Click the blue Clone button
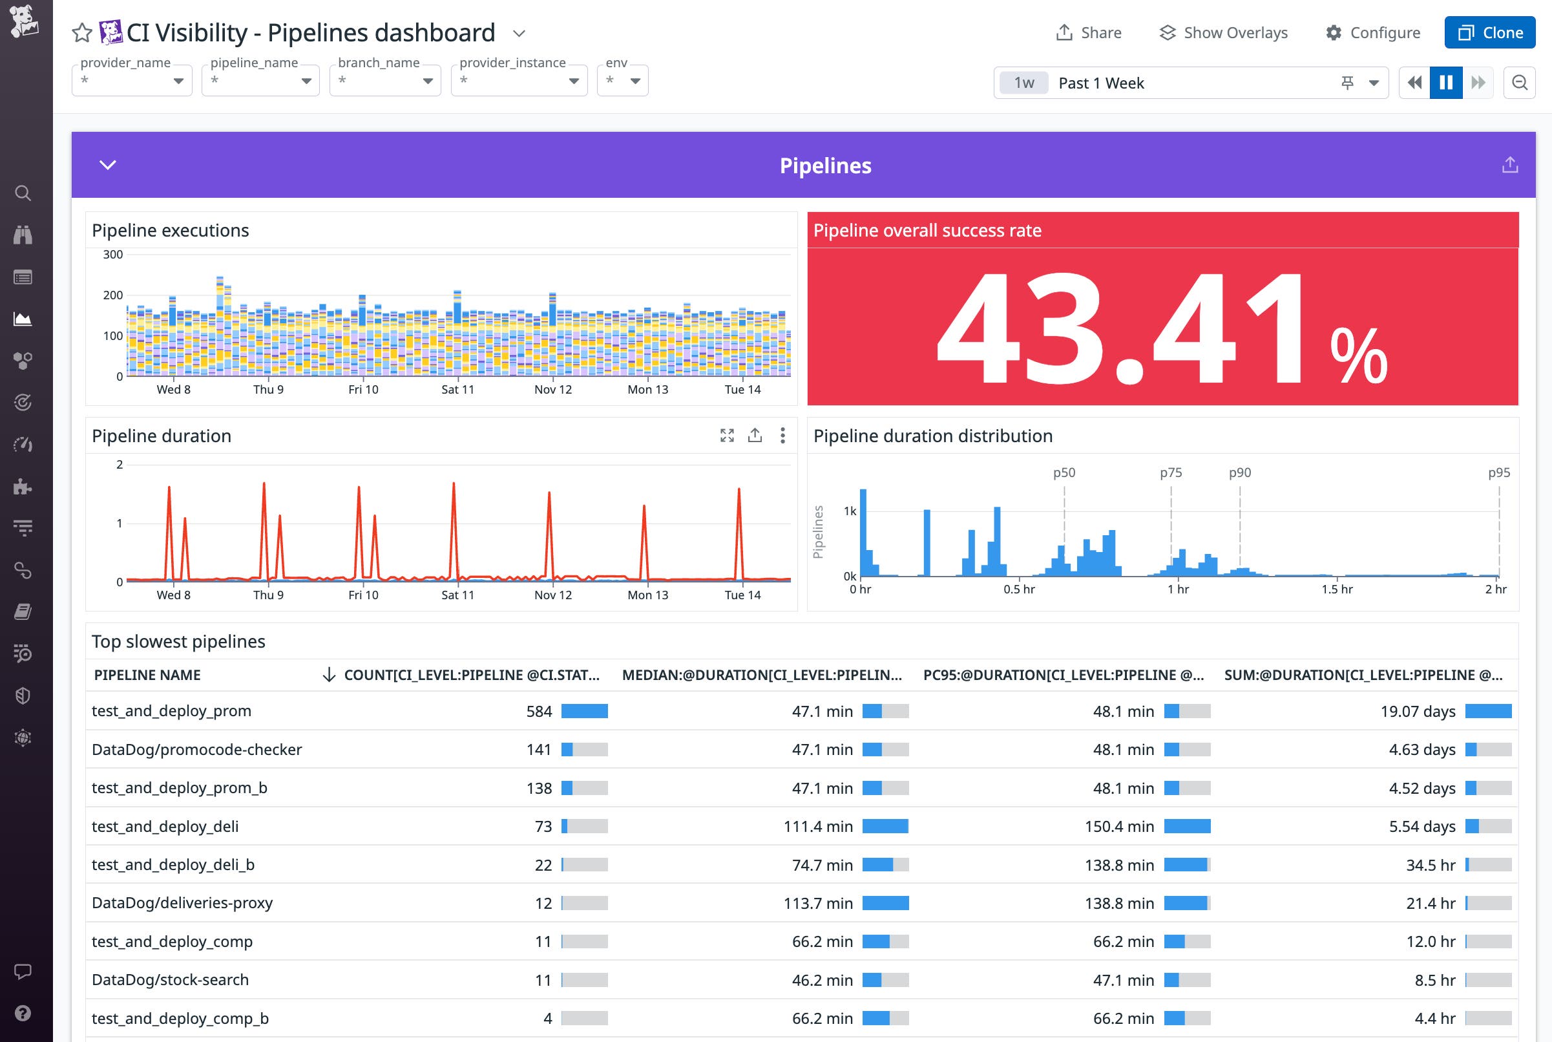pos(1489,32)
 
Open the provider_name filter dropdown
pos(132,80)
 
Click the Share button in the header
pos(1089,32)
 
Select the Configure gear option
pos(1372,32)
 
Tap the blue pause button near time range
pos(1445,82)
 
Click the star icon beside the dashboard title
pos(81,32)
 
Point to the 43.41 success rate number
pos(1122,327)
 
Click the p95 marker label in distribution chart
pos(1498,473)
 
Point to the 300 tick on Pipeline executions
pos(113,255)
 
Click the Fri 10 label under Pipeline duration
pos(363,595)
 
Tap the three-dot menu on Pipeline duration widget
pos(782,435)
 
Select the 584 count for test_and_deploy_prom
pos(539,711)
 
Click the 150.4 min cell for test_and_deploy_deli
pos(1119,826)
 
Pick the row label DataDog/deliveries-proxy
pos(182,902)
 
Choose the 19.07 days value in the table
pos(1417,711)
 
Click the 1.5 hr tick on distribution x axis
pos(1336,589)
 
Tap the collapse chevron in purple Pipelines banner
pos(108,165)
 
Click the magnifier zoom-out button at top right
pos(1519,82)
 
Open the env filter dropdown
pos(622,80)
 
